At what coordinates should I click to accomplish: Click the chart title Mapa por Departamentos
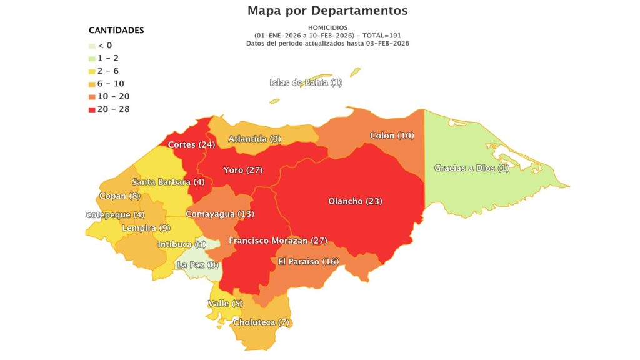(x=327, y=11)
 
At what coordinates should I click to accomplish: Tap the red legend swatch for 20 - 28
(x=92, y=109)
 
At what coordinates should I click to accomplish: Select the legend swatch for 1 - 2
(x=92, y=58)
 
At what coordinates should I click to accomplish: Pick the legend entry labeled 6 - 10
(x=109, y=84)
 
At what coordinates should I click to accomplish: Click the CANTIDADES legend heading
(x=116, y=30)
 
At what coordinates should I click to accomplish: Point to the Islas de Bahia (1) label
(x=306, y=83)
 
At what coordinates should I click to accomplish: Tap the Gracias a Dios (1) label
(x=472, y=168)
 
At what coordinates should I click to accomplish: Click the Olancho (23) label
(x=355, y=201)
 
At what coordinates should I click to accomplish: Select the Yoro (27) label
(x=243, y=170)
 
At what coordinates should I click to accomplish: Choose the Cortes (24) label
(x=191, y=145)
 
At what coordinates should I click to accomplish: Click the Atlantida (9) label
(x=254, y=139)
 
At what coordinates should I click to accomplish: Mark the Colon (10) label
(x=392, y=136)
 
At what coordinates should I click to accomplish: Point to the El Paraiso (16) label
(x=308, y=262)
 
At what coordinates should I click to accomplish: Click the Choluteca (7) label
(x=262, y=323)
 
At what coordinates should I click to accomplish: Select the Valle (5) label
(x=225, y=304)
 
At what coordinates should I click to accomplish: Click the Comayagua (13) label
(x=220, y=214)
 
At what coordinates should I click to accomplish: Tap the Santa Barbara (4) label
(x=168, y=182)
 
